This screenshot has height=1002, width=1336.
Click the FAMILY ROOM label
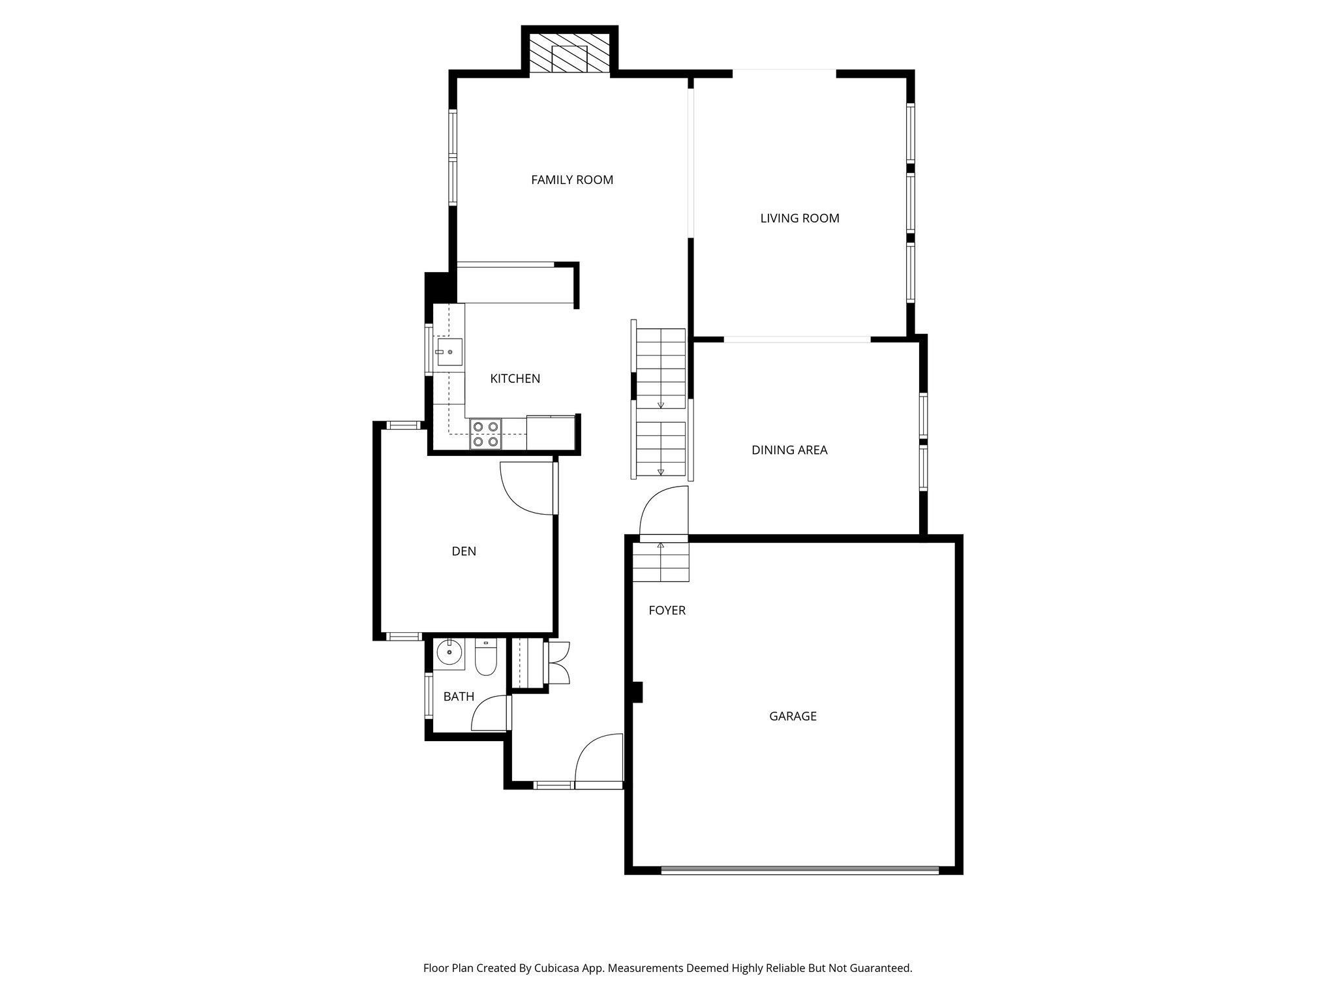572,180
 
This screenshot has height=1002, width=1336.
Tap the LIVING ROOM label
799,219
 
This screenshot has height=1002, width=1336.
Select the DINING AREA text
789,450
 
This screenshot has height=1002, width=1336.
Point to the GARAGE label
793,716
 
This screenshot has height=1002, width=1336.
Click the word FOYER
667,611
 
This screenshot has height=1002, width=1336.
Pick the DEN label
464,551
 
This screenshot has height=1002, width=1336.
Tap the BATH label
459,697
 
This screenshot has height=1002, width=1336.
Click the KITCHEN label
515,378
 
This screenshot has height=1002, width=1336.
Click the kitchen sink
449,352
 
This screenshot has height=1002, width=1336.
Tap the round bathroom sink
449,652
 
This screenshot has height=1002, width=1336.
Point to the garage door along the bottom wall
799,869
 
